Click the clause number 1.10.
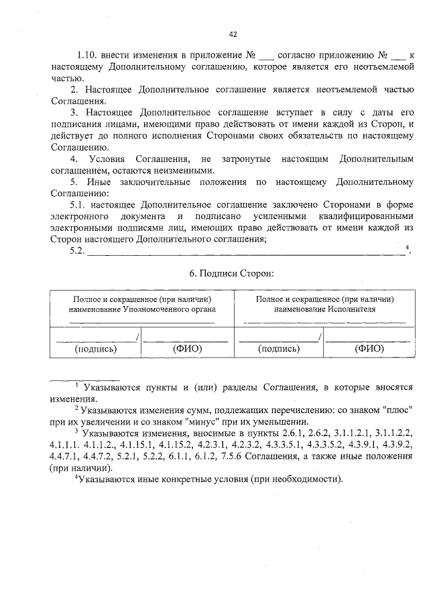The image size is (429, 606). tap(88, 56)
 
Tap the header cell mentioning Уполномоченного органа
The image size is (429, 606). tap(141, 305)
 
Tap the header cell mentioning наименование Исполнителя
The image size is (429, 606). tap(324, 305)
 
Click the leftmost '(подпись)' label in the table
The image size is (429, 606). tap(96, 348)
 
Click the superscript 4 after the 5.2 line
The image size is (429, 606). tap(407, 248)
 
